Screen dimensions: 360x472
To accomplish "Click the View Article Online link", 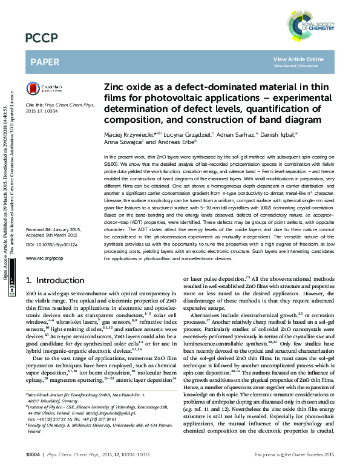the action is point(298,59).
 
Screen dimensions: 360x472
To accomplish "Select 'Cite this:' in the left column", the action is point(34,105).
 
